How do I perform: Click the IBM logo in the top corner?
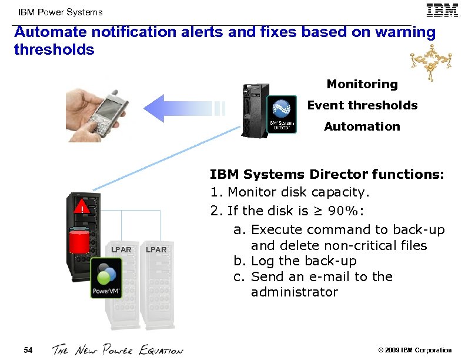(443, 11)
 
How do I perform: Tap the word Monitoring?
(362, 84)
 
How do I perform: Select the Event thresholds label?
(362, 105)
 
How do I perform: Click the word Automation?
(362, 126)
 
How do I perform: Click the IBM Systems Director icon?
(282, 115)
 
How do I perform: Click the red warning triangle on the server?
(82, 206)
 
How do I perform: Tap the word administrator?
(295, 292)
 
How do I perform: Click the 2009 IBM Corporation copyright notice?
(416, 351)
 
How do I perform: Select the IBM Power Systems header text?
(60, 12)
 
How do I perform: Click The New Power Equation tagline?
(118, 350)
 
